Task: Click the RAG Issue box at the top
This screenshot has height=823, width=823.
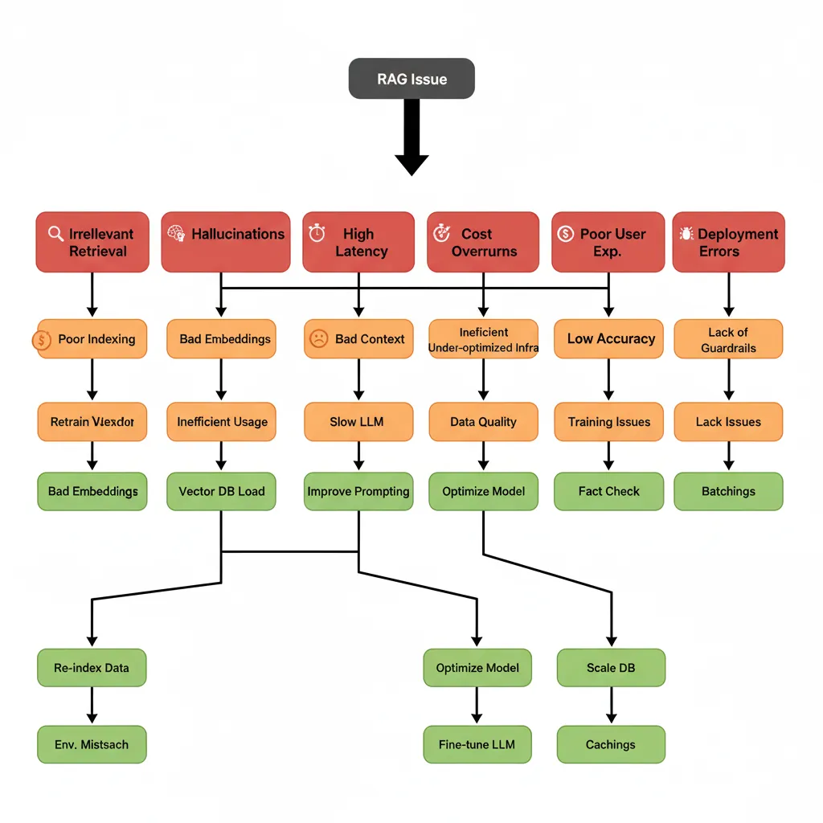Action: click(x=411, y=80)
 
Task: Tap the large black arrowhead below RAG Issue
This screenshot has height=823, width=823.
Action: click(x=411, y=163)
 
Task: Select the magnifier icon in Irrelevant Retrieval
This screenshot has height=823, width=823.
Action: click(x=55, y=234)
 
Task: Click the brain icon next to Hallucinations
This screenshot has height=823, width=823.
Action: click(x=176, y=234)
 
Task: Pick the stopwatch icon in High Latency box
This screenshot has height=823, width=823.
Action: click(x=317, y=233)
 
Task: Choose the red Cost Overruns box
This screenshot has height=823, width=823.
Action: click(x=483, y=242)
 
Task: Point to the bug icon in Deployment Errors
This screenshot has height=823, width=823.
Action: click(x=686, y=234)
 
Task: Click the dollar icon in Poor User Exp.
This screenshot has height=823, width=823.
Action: click(x=566, y=234)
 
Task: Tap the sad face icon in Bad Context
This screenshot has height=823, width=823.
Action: click(x=318, y=339)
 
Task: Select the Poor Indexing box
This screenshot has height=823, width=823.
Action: click(x=92, y=339)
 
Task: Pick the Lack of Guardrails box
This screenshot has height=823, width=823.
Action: click(x=728, y=339)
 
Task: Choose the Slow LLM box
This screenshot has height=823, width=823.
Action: click(x=358, y=422)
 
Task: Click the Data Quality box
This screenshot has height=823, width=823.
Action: click(x=483, y=422)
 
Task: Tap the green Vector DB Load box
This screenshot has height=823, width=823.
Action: click(x=221, y=491)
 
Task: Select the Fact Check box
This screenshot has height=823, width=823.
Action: click(x=608, y=491)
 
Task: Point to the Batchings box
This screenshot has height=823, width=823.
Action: click(x=728, y=491)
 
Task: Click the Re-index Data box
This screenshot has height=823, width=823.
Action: click(x=92, y=668)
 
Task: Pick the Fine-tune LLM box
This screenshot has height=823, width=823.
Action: click(x=477, y=744)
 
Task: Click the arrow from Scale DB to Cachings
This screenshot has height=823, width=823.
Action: click(x=611, y=706)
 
